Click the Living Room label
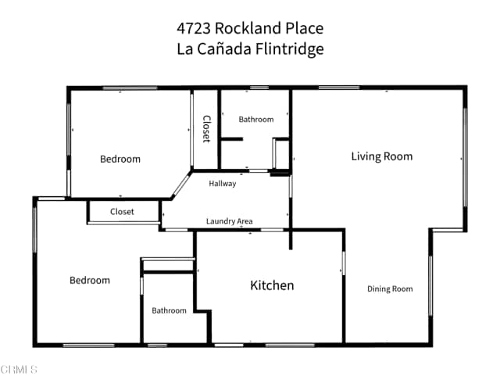click(381, 156)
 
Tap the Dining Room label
click(390, 289)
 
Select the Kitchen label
click(272, 285)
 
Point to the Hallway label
click(222, 184)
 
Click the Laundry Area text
click(229, 222)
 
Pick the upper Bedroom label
click(120, 159)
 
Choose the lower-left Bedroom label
click(90, 281)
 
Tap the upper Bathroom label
click(256, 120)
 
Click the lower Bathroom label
click(170, 311)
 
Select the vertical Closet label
click(206, 129)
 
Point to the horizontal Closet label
click(122, 212)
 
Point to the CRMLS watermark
click(19, 369)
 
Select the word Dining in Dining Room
click(378, 289)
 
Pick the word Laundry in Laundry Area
click(220, 222)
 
